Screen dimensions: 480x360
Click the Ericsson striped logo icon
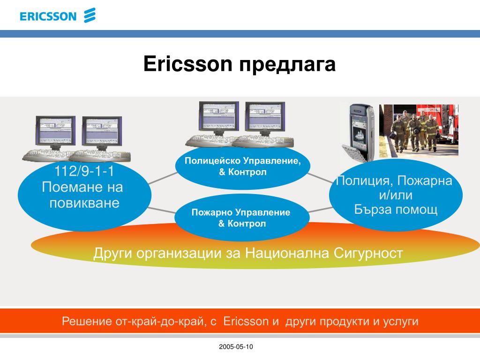click(x=90, y=15)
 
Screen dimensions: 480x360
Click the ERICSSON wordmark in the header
click(x=48, y=16)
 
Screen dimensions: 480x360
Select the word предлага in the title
click(x=287, y=65)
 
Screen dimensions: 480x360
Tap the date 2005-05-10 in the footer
click(x=236, y=346)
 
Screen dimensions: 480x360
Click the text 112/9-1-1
click(x=84, y=171)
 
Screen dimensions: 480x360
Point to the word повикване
click(x=84, y=203)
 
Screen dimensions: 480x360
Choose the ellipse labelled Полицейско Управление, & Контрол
click(x=243, y=167)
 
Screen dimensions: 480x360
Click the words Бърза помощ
click(x=396, y=210)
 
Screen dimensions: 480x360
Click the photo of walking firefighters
click(x=419, y=131)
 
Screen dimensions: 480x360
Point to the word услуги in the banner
click(x=401, y=322)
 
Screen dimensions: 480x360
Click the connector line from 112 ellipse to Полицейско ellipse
click(x=163, y=178)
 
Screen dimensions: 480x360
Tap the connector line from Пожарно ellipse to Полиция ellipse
click(x=321, y=210)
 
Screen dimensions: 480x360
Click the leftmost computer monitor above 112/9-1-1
click(x=55, y=132)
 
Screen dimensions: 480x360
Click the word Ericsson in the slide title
click(x=188, y=64)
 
